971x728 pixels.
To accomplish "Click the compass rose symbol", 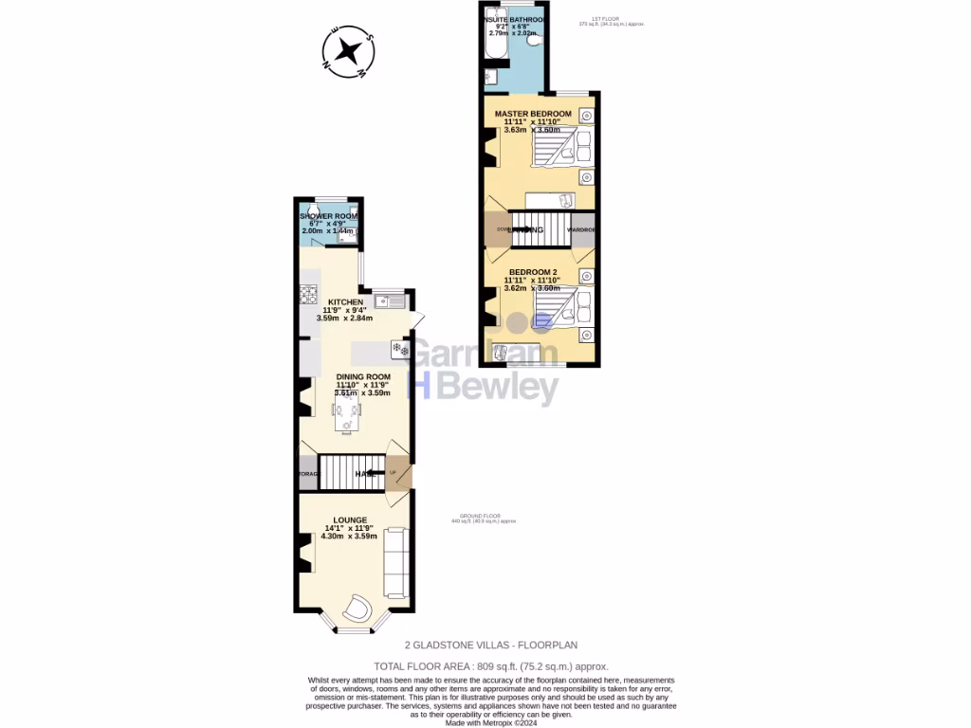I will click(x=349, y=49).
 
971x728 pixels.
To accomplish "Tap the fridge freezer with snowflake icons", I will click(x=399, y=350).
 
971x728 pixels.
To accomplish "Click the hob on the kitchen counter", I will click(x=307, y=295).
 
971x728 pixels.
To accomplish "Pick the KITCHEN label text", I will click(x=345, y=302).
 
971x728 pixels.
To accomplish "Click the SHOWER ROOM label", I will click(x=328, y=216).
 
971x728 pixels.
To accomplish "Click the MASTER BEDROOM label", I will click(x=532, y=114).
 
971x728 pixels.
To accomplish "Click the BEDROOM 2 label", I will click(x=532, y=273).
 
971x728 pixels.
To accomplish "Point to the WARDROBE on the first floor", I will click(x=582, y=229).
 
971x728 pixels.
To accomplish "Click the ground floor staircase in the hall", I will click(x=351, y=472).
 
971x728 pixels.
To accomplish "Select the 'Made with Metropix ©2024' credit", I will click(x=491, y=722).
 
